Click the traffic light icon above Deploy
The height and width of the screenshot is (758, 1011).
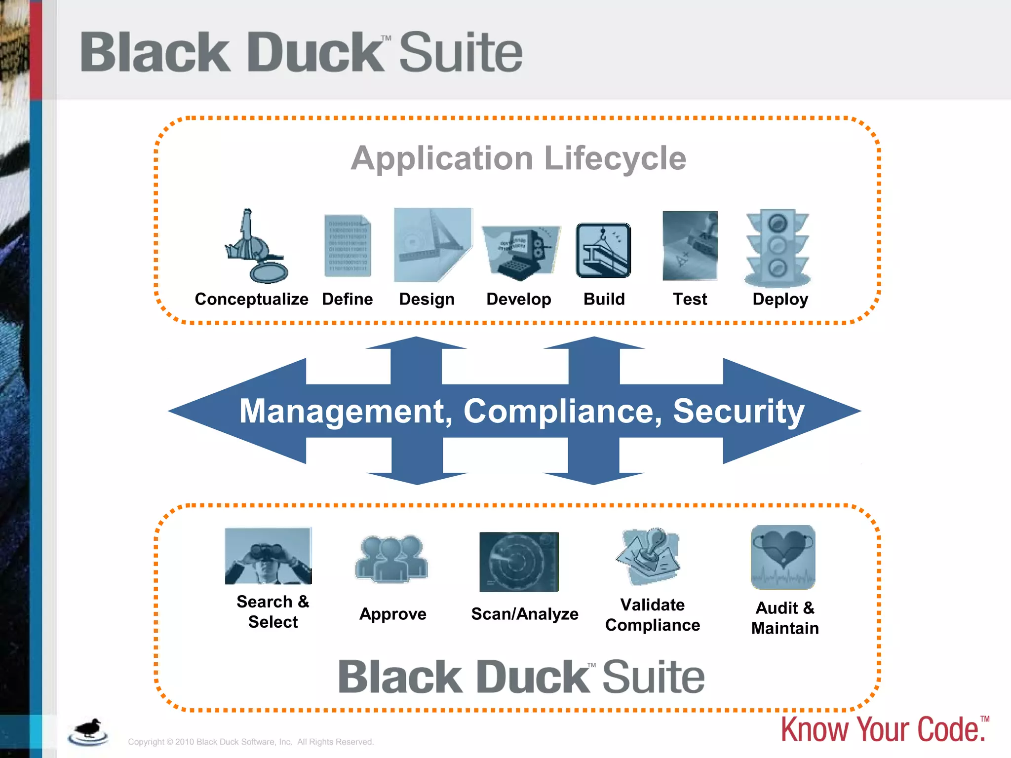click(x=778, y=248)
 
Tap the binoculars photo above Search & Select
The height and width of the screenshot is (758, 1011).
click(x=268, y=556)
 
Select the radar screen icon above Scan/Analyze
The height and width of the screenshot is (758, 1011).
click(x=519, y=562)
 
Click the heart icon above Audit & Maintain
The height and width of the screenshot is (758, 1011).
click(x=783, y=557)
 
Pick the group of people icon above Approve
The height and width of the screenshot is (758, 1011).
click(x=391, y=559)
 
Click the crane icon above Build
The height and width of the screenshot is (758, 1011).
click(x=603, y=250)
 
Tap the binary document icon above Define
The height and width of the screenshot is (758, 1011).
click(x=348, y=246)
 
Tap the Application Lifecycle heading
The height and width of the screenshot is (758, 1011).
click(x=518, y=159)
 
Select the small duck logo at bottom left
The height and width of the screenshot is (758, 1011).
click(x=88, y=731)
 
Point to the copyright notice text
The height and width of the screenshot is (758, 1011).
click(x=251, y=742)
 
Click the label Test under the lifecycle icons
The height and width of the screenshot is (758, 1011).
click(x=690, y=299)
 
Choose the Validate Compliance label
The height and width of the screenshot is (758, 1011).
click(x=653, y=615)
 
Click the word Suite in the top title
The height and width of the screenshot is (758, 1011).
click(x=460, y=52)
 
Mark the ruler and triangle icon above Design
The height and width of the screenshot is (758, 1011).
click(x=432, y=245)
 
